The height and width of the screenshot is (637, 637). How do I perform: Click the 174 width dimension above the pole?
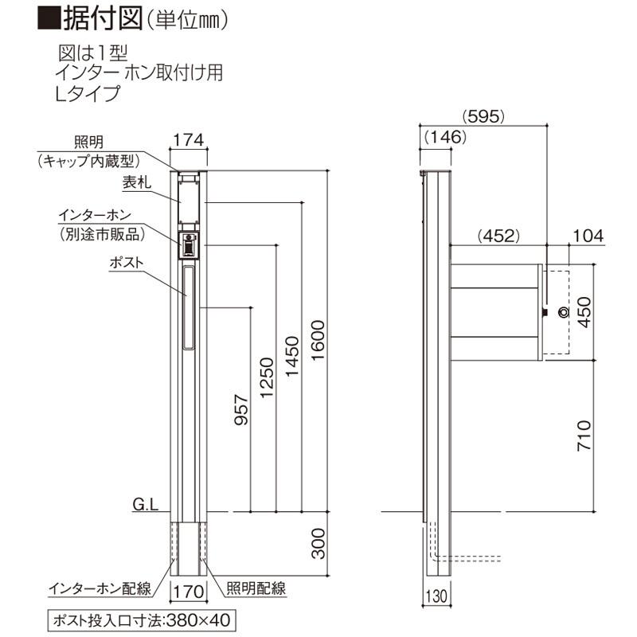[189, 140]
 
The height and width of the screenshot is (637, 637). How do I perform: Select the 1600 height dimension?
[318, 341]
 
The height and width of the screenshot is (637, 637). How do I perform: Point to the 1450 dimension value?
[292, 357]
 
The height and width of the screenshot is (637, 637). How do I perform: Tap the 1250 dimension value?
[267, 377]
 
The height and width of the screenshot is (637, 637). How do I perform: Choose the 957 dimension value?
[241, 410]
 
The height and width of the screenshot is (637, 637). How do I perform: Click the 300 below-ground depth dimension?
[318, 544]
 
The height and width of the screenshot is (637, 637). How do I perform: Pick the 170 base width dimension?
[189, 592]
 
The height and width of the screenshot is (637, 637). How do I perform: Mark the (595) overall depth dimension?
[483, 116]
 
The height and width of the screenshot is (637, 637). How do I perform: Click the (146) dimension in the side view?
[446, 137]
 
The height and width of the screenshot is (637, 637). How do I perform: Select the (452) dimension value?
[498, 236]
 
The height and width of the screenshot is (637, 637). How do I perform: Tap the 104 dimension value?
[588, 236]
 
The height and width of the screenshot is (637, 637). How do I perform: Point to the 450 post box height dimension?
[584, 312]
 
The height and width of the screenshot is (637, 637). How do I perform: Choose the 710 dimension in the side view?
[584, 436]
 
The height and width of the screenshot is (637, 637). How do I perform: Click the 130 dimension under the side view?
[436, 596]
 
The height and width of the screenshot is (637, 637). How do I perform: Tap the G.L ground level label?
[146, 505]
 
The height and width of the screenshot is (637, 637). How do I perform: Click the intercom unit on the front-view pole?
[189, 245]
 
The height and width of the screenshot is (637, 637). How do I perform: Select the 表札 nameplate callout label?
[137, 182]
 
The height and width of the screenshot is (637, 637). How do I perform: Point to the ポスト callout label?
[127, 263]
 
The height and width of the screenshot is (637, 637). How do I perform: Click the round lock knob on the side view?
[564, 312]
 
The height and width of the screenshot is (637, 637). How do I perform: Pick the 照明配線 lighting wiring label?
[256, 588]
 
